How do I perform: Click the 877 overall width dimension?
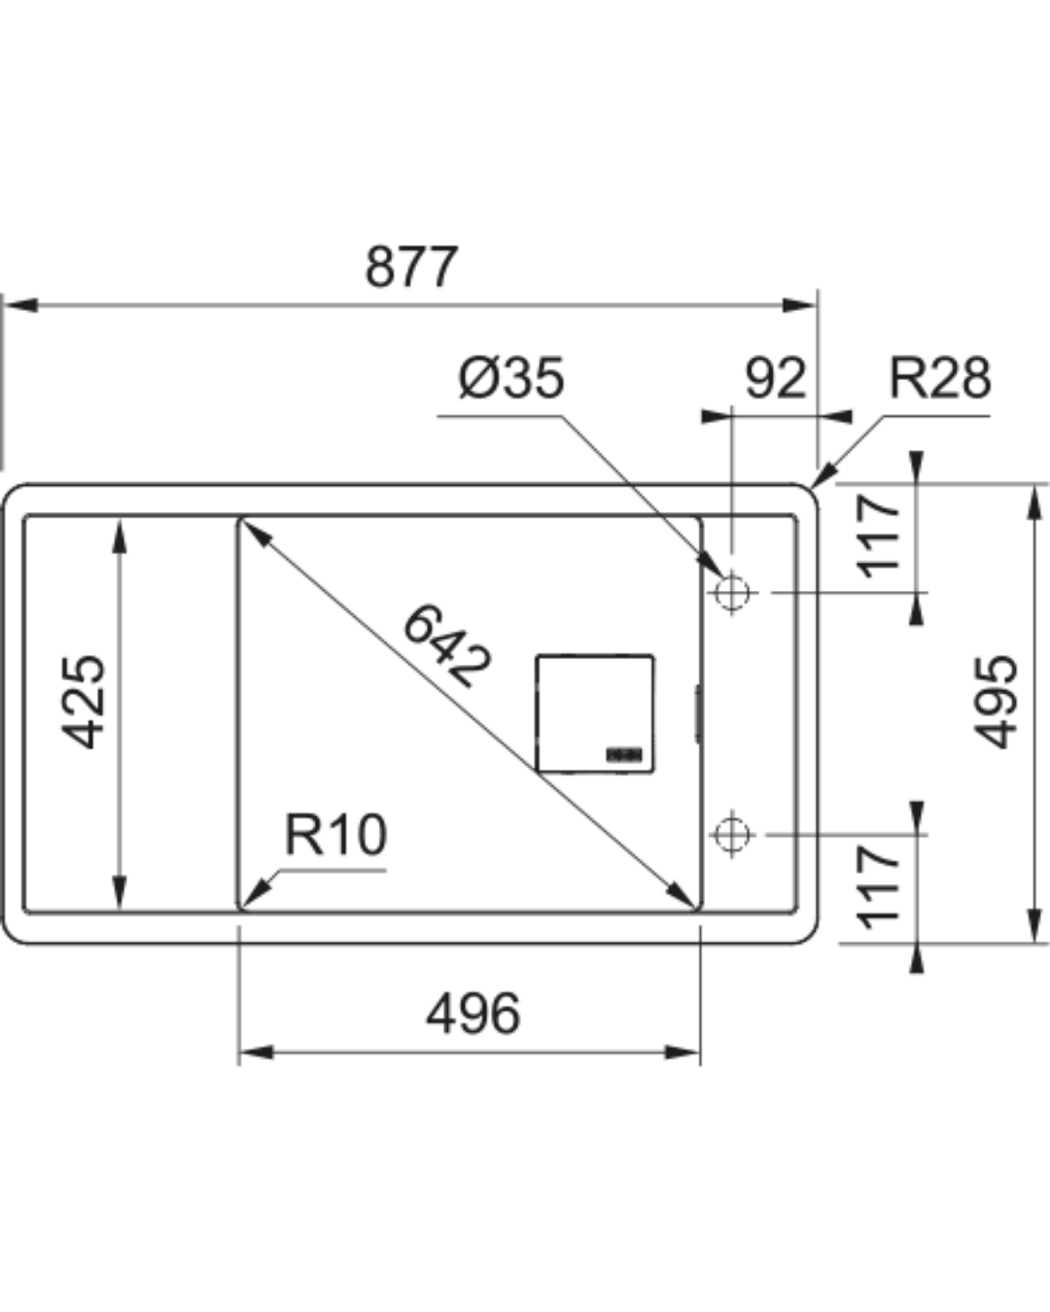[x=410, y=267]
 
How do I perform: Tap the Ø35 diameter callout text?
[x=511, y=378]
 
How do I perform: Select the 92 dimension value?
[x=775, y=378]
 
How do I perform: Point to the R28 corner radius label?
[x=939, y=378]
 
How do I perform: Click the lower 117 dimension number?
[x=879, y=885]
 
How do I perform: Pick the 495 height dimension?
[x=997, y=702]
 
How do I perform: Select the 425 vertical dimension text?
[x=85, y=702]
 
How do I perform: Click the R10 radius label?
[x=335, y=835]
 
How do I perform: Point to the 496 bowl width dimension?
[x=473, y=1014]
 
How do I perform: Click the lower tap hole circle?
[x=732, y=834]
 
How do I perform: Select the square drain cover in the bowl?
[x=594, y=713]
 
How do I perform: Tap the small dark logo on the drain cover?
[x=625, y=753]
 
